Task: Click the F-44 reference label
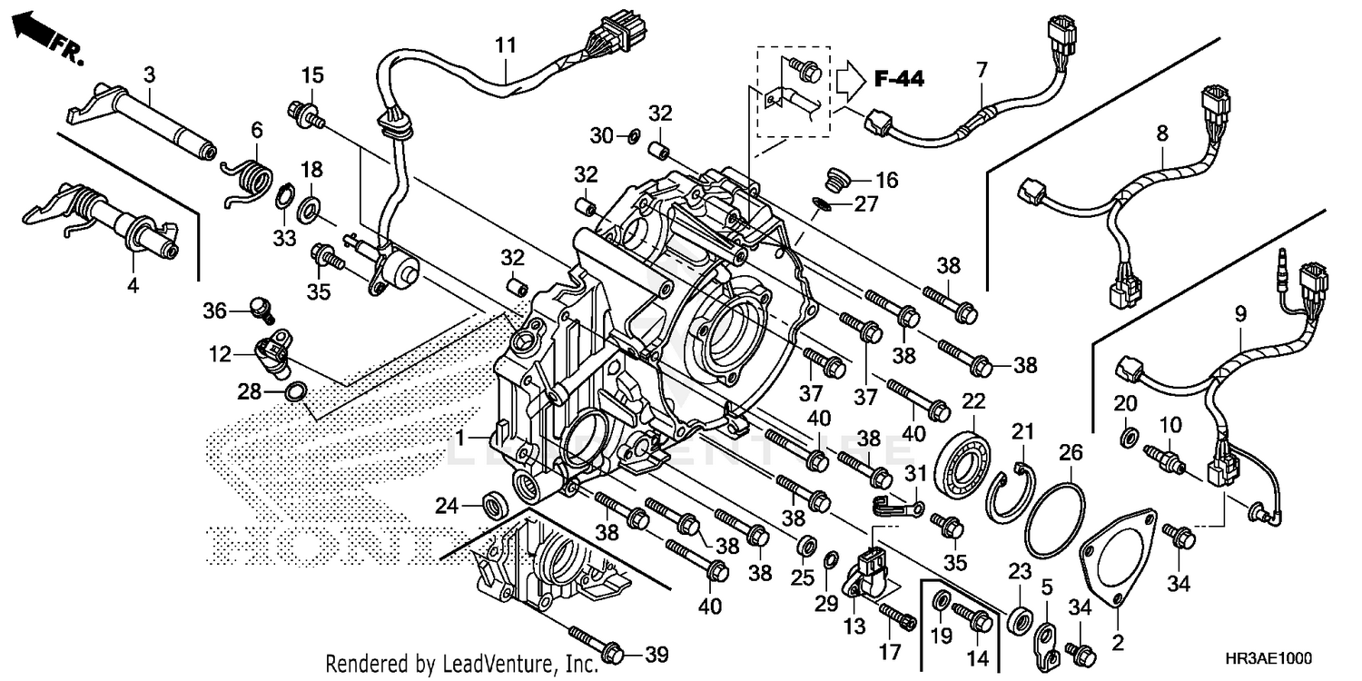click(x=899, y=80)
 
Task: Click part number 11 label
click(x=505, y=44)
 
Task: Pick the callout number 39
click(x=656, y=655)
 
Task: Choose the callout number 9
click(x=1240, y=313)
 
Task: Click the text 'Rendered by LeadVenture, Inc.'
click(x=462, y=664)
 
